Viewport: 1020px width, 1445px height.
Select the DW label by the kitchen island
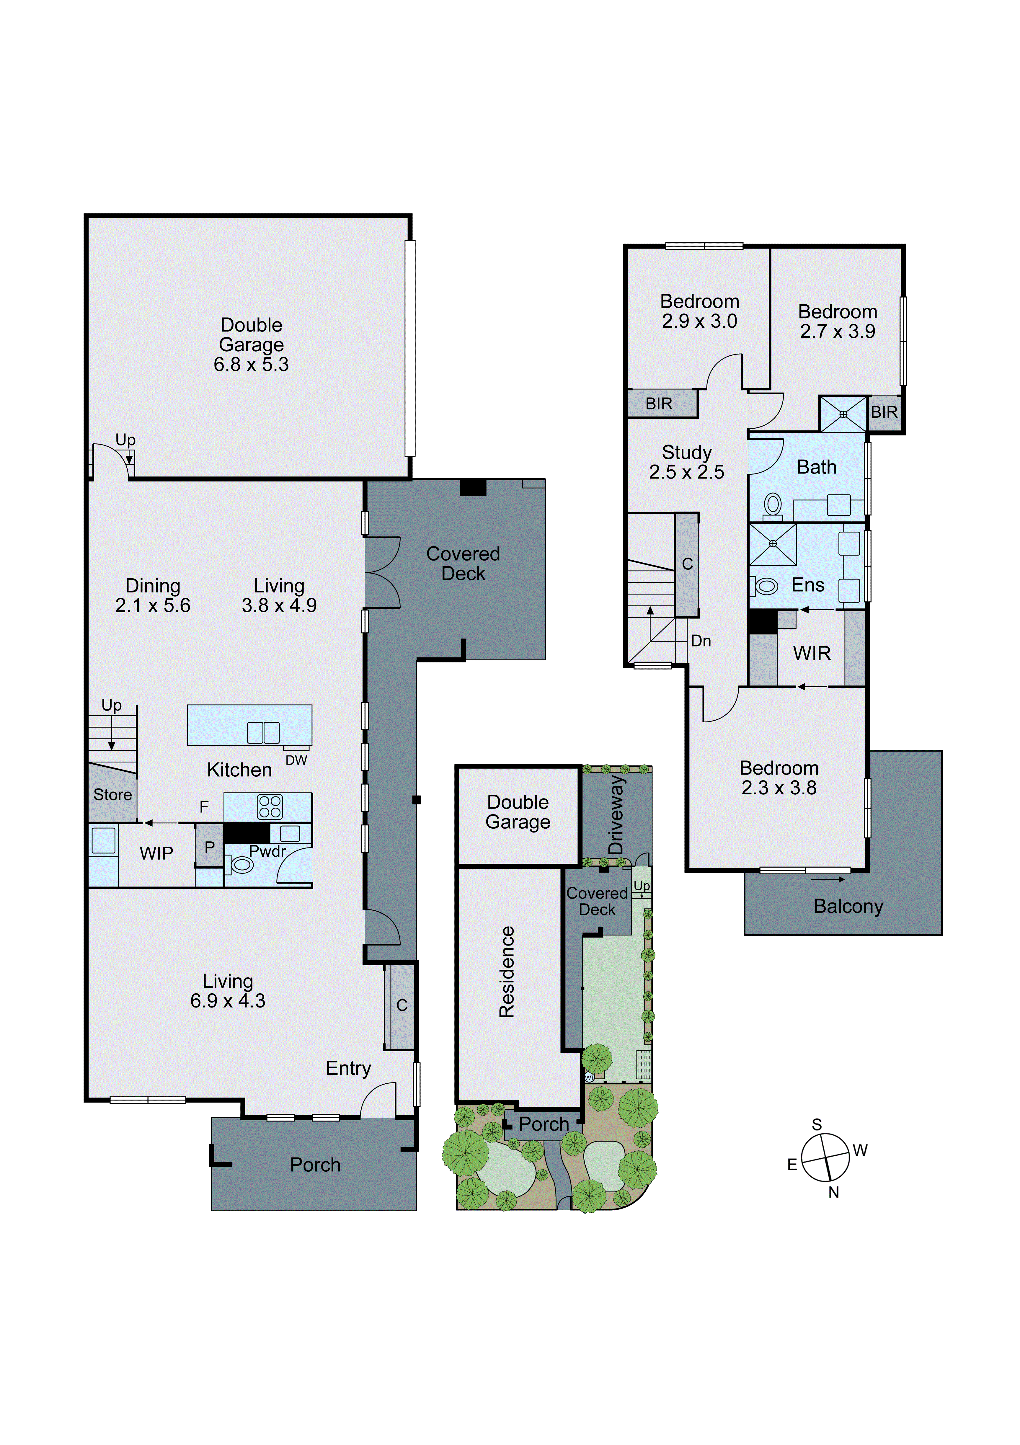click(x=296, y=760)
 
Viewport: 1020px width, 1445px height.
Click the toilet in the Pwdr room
click(x=241, y=865)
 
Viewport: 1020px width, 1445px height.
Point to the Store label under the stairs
click(x=113, y=795)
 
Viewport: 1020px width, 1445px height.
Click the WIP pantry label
click(x=156, y=853)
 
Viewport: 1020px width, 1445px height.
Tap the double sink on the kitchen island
click(x=263, y=733)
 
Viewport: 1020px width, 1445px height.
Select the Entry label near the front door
click(x=348, y=1068)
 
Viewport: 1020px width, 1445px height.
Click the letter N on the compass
click(x=834, y=1192)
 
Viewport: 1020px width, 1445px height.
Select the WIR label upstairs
click(x=812, y=653)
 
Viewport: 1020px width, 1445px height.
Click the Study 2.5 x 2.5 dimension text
click(x=686, y=472)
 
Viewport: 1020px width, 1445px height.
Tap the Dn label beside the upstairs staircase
click(x=701, y=641)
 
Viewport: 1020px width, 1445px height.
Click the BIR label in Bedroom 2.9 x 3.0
click(x=659, y=404)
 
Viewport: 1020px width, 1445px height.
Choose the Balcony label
click(x=848, y=906)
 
